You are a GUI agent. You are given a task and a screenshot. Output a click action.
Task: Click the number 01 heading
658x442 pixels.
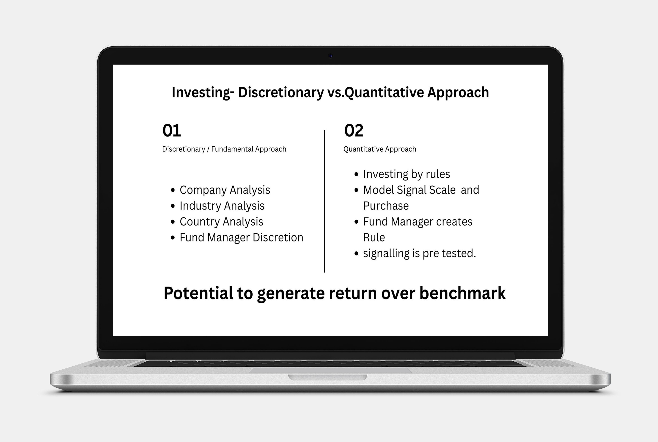[x=171, y=131]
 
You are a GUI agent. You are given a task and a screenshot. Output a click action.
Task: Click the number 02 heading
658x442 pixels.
[x=354, y=131]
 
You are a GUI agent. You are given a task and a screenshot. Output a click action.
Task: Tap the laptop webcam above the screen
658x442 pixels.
[x=331, y=56]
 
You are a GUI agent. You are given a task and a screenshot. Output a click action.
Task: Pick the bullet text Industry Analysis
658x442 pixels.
[x=222, y=206]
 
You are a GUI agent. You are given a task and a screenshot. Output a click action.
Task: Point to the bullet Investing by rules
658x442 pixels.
[x=406, y=174]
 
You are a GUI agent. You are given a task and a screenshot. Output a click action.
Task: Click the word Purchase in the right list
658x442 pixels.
[x=386, y=206]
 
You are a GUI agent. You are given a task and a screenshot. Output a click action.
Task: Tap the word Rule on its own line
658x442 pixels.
[x=374, y=237]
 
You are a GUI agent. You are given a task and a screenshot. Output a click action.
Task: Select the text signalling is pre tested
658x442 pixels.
[x=419, y=253]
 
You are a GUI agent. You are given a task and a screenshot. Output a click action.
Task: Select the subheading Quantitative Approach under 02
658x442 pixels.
[x=380, y=149]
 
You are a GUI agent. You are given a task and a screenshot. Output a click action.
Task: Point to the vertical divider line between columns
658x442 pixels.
[x=325, y=201]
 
